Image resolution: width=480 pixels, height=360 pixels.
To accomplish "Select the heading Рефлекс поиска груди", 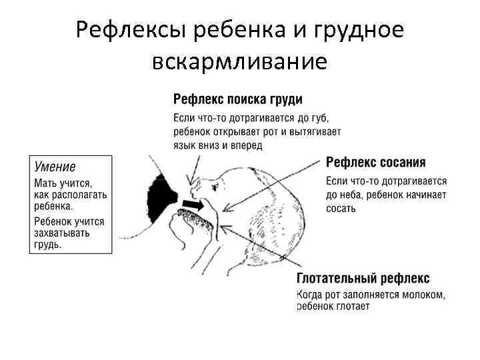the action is coord(237,99).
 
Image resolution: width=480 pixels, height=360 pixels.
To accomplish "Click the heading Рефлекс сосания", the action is coord(376,162).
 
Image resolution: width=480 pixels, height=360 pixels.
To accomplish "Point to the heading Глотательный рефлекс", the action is coord(363,278).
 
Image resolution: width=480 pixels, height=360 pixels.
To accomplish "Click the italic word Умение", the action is coord(55,167).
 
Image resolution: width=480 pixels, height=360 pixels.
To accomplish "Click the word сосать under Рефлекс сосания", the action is coord(341,208).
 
